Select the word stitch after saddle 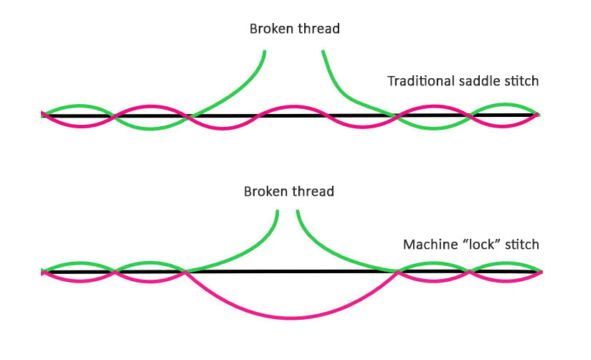pyautogui.click(x=519, y=81)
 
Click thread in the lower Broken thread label pyautogui.click(x=313, y=192)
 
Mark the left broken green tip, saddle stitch pyautogui.click(x=265, y=52)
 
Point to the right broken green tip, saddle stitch pyautogui.click(x=323, y=52)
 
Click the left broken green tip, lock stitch pyautogui.click(x=278, y=211)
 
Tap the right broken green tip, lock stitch pyautogui.click(x=298, y=211)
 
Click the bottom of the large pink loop pyautogui.click(x=290, y=318)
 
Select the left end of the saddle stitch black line pyautogui.click(x=44, y=115)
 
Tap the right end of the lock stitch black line pyautogui.click(x=541, y=272)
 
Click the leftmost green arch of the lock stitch pyautogui.click(x=79, y=263)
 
